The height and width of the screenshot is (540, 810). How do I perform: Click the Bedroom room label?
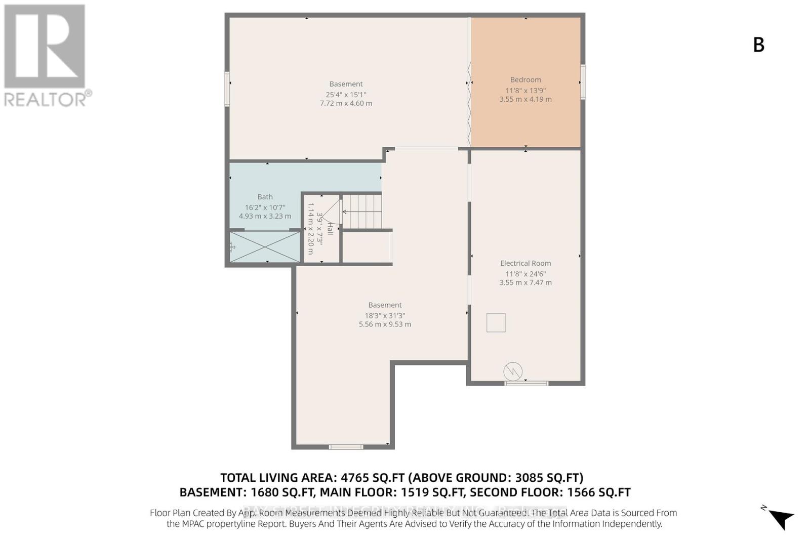[525, 80]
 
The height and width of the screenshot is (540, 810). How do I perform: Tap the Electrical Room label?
[525, 263]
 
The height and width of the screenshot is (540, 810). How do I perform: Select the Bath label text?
[265, 197]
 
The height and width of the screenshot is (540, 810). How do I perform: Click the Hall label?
[330, 228]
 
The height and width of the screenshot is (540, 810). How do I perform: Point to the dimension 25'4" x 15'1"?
[346, 94]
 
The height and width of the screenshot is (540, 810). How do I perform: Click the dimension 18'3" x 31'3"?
[385, 315]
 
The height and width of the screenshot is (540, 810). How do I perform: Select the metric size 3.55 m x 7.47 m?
[525, 283]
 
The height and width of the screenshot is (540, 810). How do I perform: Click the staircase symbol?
[362, 212]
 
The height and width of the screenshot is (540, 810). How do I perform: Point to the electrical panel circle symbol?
[513, 372]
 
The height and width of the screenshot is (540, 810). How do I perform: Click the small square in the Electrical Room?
[496, 322]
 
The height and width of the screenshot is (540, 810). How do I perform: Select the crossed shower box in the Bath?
[265, 246]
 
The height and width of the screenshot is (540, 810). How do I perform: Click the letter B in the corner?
[758, 45]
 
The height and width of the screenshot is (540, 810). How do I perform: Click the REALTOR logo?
[46, 56]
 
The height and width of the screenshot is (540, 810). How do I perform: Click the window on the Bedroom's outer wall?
[583, 81]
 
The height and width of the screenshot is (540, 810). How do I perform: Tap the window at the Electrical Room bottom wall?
[526, 383]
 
